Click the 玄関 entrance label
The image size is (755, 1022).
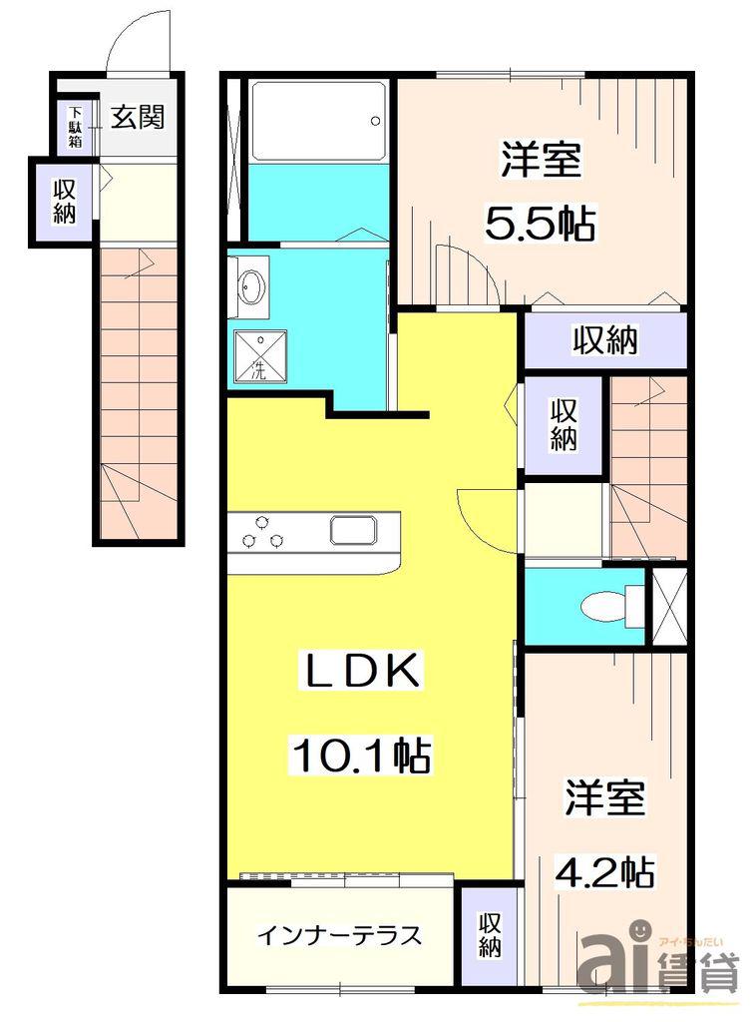click(x=137, y=117)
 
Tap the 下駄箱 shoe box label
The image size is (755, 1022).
click(x=76, y=126)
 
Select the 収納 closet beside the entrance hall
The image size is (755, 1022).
click(x=65, y=202)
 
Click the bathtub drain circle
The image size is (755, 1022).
click(x=375, y=121)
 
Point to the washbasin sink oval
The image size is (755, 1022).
click(x=250, y=286)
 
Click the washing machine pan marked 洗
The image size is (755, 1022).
click(x=260, y=356)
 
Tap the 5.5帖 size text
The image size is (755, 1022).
click(x=540, y=225)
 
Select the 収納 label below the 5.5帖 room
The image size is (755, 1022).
click(x=605, y=339)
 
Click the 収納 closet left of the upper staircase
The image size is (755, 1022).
click(x=565, y=425)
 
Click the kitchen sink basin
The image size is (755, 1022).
click(x=354, y=530)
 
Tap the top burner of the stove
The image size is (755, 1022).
click(x=262, y=521)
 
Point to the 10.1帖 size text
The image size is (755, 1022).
click(x=361, y=755)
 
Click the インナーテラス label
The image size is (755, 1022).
click(x=340, y=936)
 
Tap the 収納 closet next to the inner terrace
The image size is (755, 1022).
click(x=490, y=935)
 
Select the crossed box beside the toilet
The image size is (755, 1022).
click(x=669, y=607)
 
